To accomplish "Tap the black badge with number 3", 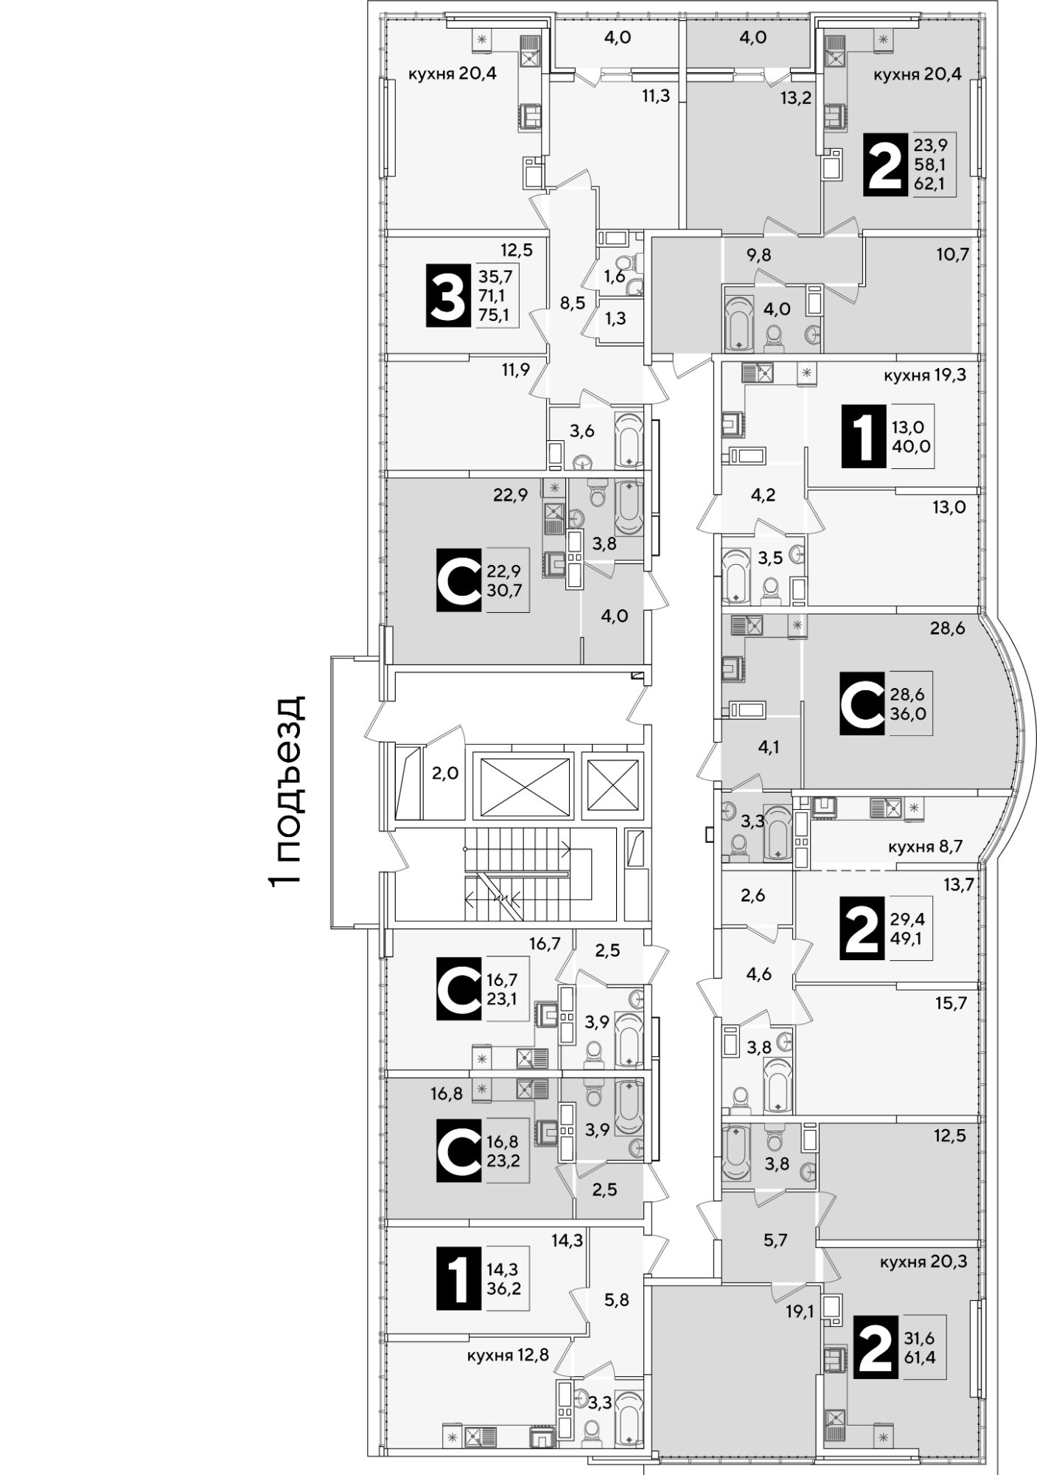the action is tap(448, 296).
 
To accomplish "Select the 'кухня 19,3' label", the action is tap(925, 375).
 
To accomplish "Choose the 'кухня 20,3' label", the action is tap(923, 1262).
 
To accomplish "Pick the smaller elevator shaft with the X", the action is tap(612, 786).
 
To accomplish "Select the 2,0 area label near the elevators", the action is tap(445, 773).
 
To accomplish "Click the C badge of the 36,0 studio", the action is tap(862, 703).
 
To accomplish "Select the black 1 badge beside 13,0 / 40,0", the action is tap(863, 436).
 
